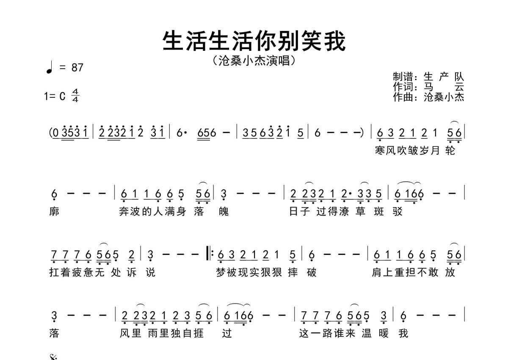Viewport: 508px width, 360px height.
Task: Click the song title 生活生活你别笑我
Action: (x=254, y=41)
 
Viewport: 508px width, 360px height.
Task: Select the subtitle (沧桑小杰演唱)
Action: (x=254, y=61)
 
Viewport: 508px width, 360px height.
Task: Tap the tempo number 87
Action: (x=77, y=67)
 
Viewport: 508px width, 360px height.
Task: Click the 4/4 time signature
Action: (x=75, y=96)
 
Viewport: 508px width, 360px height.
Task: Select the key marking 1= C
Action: (x=55, y=96)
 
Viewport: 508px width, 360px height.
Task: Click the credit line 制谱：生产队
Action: (x=428, y=77)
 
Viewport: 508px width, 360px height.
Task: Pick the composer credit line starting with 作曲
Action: (x=428, y=97)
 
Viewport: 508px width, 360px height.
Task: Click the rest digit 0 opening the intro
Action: (x=56, y=133)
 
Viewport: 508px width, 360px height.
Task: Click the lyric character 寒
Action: (x=380, y=150)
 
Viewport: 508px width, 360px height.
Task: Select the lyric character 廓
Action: (x=54, y=211)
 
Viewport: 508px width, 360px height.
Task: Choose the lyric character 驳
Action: (x=398, y=211)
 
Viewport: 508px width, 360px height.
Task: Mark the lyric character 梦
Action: (x=221, y=272)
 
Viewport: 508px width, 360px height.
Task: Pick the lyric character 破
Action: (x=312, y=272)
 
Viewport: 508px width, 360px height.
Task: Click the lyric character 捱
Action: (x=199, y=333)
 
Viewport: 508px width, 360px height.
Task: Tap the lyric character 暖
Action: (x=384, y=333)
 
